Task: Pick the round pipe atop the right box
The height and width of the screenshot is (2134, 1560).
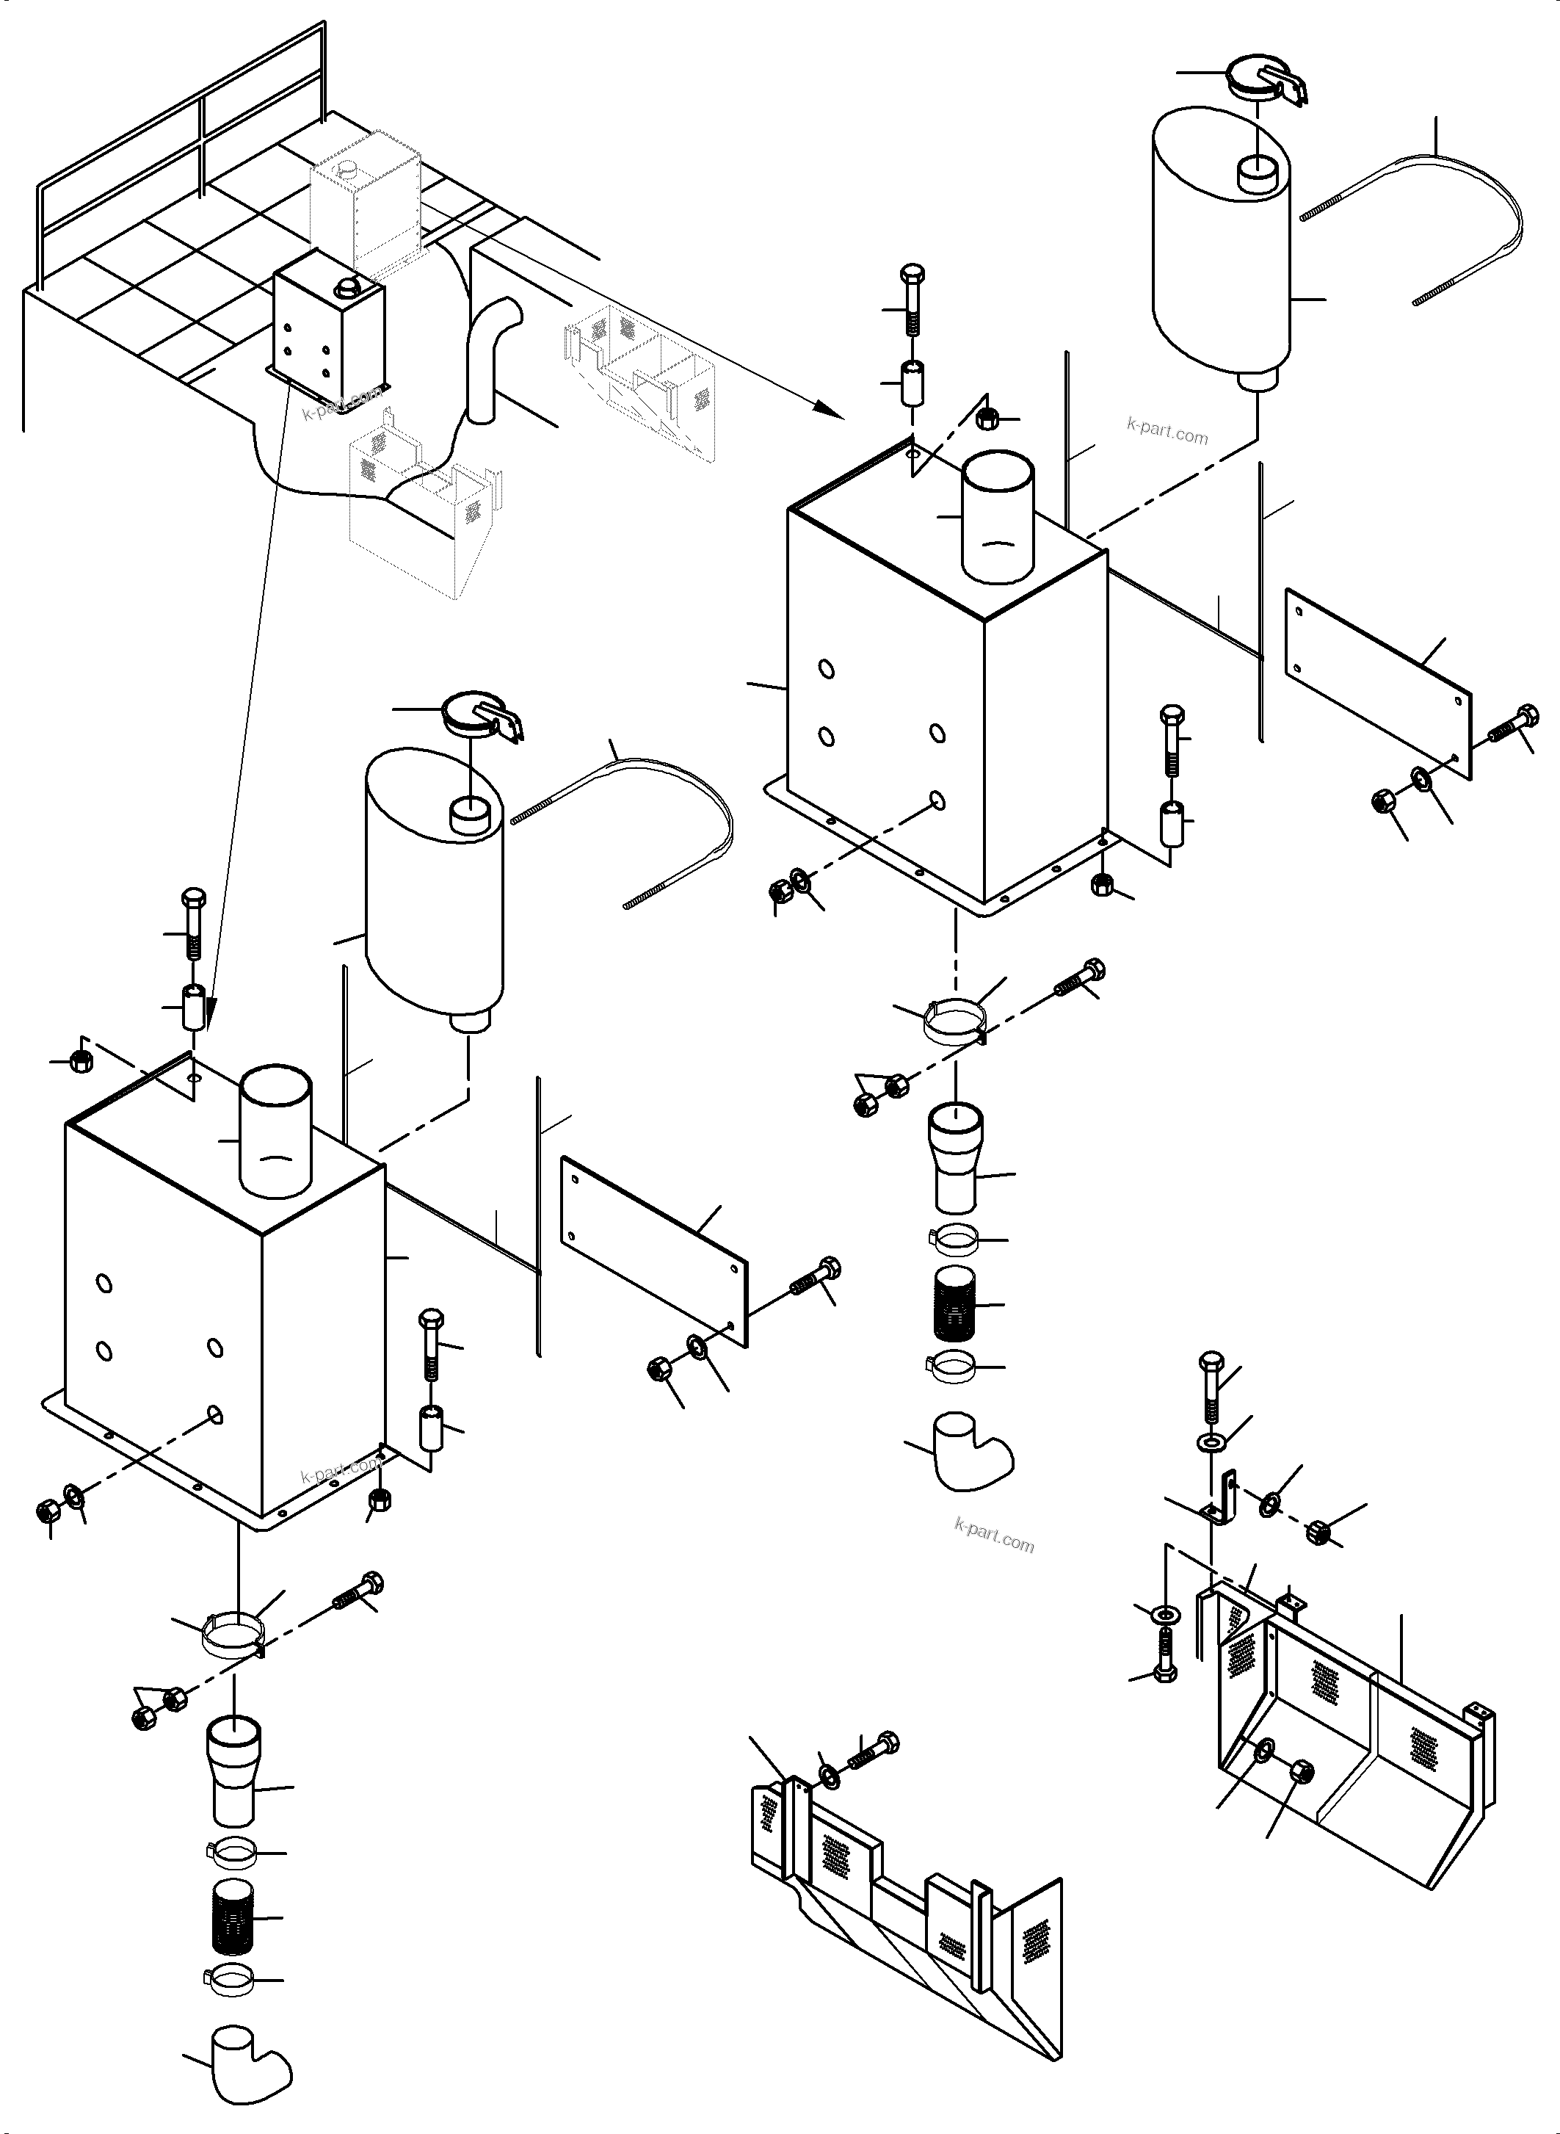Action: pyautogui.click(x=997, y=514)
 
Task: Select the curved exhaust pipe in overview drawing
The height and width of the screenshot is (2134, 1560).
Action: pyautogui.click(x=490, y=359)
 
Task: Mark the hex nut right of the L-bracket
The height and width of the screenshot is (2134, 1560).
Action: pyautogui.click(x=1319, y=1533)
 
